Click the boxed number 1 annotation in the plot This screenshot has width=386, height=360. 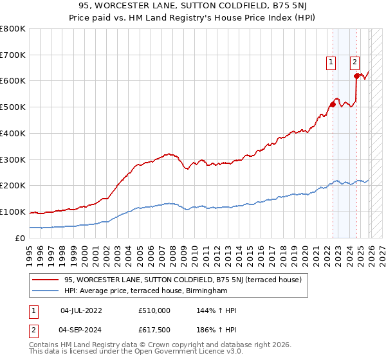(331, 62)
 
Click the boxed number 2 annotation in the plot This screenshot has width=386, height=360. (354, 62)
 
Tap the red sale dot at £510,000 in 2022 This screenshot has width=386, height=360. (333, 104)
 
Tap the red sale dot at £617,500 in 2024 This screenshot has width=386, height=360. (356, 76)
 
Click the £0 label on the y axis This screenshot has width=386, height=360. (21, 238)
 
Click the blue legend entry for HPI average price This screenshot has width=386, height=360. (146, 291)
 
